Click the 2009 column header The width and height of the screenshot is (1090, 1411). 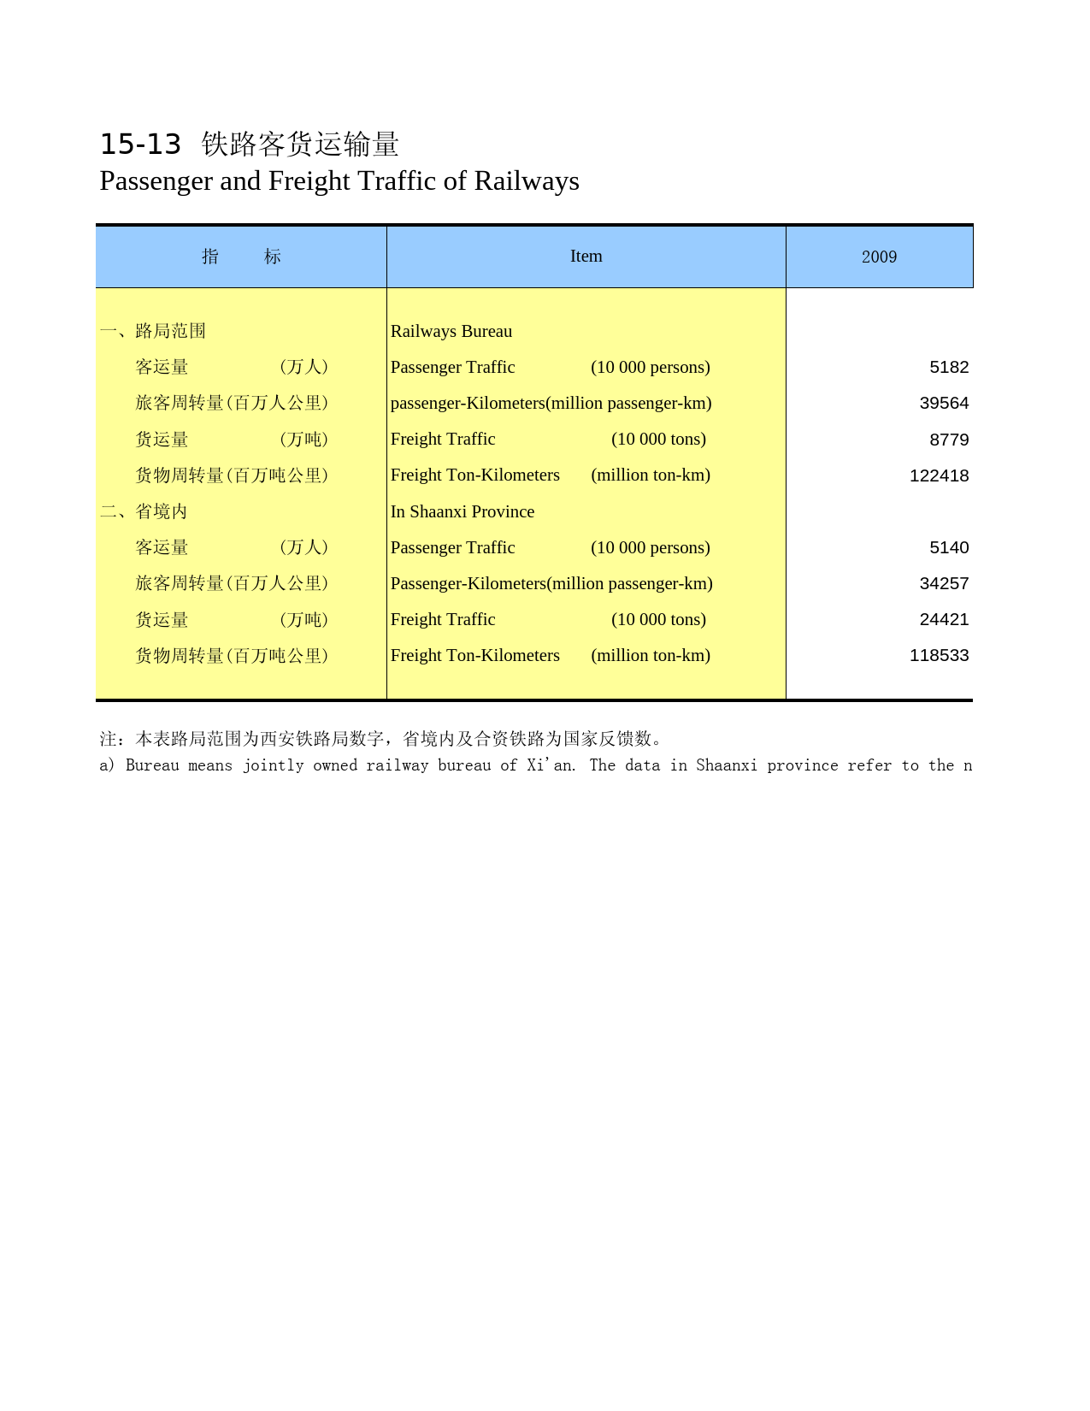(x=879, y=257)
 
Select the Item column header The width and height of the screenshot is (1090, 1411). (x=586, y=257)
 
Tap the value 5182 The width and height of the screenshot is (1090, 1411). (x=949, y=368)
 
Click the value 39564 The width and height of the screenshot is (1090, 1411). (x=944, y=404)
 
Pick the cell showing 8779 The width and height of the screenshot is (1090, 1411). (x=949, y=440)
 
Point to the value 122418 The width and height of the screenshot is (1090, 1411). (x=939, y=475)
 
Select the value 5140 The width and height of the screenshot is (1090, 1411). (x=949, y=548)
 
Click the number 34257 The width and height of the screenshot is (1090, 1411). (x=944, y=584)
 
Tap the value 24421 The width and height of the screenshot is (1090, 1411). (x=944, y=620)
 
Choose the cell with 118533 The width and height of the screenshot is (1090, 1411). (x=939, y=656)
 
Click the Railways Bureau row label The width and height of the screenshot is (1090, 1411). (x=451, y=332)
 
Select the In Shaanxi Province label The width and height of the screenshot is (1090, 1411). (x=463, y=512)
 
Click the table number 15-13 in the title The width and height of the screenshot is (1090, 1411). (x=140, y=145)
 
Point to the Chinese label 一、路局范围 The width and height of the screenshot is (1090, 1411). (x=153, y=332)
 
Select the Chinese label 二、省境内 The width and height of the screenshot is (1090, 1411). (x=144, y=512)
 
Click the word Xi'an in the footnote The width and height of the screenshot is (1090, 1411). (x=551, y=765)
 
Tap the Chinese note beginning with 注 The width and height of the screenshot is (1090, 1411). (x=381, y=739)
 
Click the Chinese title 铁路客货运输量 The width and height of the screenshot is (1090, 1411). (x=300, y=145)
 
